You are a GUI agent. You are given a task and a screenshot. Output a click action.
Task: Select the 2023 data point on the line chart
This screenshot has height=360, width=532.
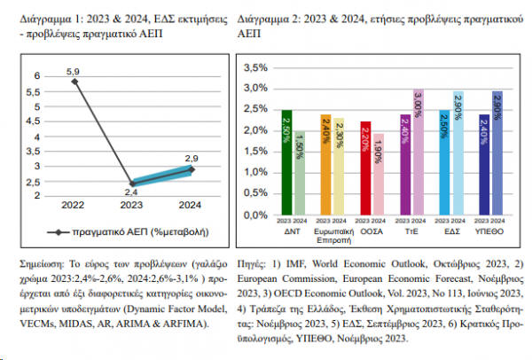[x=130, y=184]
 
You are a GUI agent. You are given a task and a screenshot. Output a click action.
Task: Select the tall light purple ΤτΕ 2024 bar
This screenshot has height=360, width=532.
[x=419, y=152]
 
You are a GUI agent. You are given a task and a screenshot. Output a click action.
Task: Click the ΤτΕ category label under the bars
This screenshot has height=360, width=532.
[x=411, y=229]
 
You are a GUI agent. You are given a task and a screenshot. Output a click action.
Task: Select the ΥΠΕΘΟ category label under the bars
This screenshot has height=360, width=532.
[x=490, y=229]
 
